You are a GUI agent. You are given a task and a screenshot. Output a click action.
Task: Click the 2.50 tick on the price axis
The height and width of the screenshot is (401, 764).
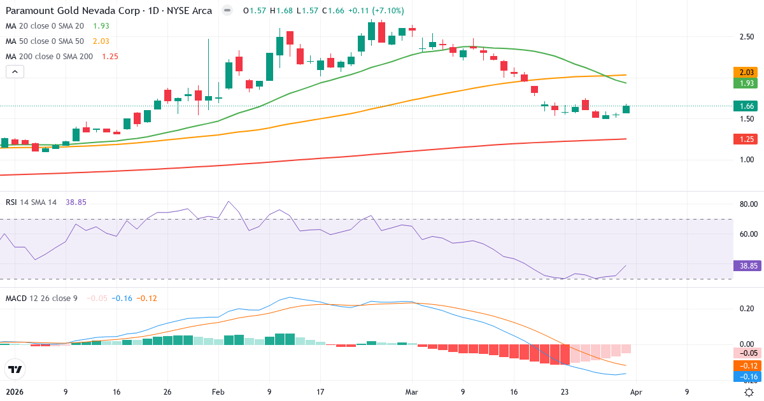click(x=747, y=37)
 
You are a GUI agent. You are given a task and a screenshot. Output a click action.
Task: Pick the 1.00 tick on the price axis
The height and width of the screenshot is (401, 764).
click(x=747, y=160)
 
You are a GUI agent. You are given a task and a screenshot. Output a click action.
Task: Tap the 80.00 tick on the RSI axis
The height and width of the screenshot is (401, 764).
click(x=747, y=204)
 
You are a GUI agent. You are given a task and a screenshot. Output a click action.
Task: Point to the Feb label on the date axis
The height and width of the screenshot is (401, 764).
click(x=218, y=392)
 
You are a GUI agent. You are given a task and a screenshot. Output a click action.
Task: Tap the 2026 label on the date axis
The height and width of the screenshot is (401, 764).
click(x=14, y=392)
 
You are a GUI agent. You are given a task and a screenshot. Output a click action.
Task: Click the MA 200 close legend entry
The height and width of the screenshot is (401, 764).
click(x=50, y=56)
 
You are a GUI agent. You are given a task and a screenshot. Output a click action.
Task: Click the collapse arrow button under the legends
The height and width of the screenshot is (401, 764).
click(x=15, y=72)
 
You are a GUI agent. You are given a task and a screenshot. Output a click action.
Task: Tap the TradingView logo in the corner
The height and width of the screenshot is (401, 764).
click(x=15, y=369)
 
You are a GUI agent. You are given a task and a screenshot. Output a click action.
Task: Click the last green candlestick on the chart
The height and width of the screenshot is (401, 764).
click(x=626, y=109)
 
